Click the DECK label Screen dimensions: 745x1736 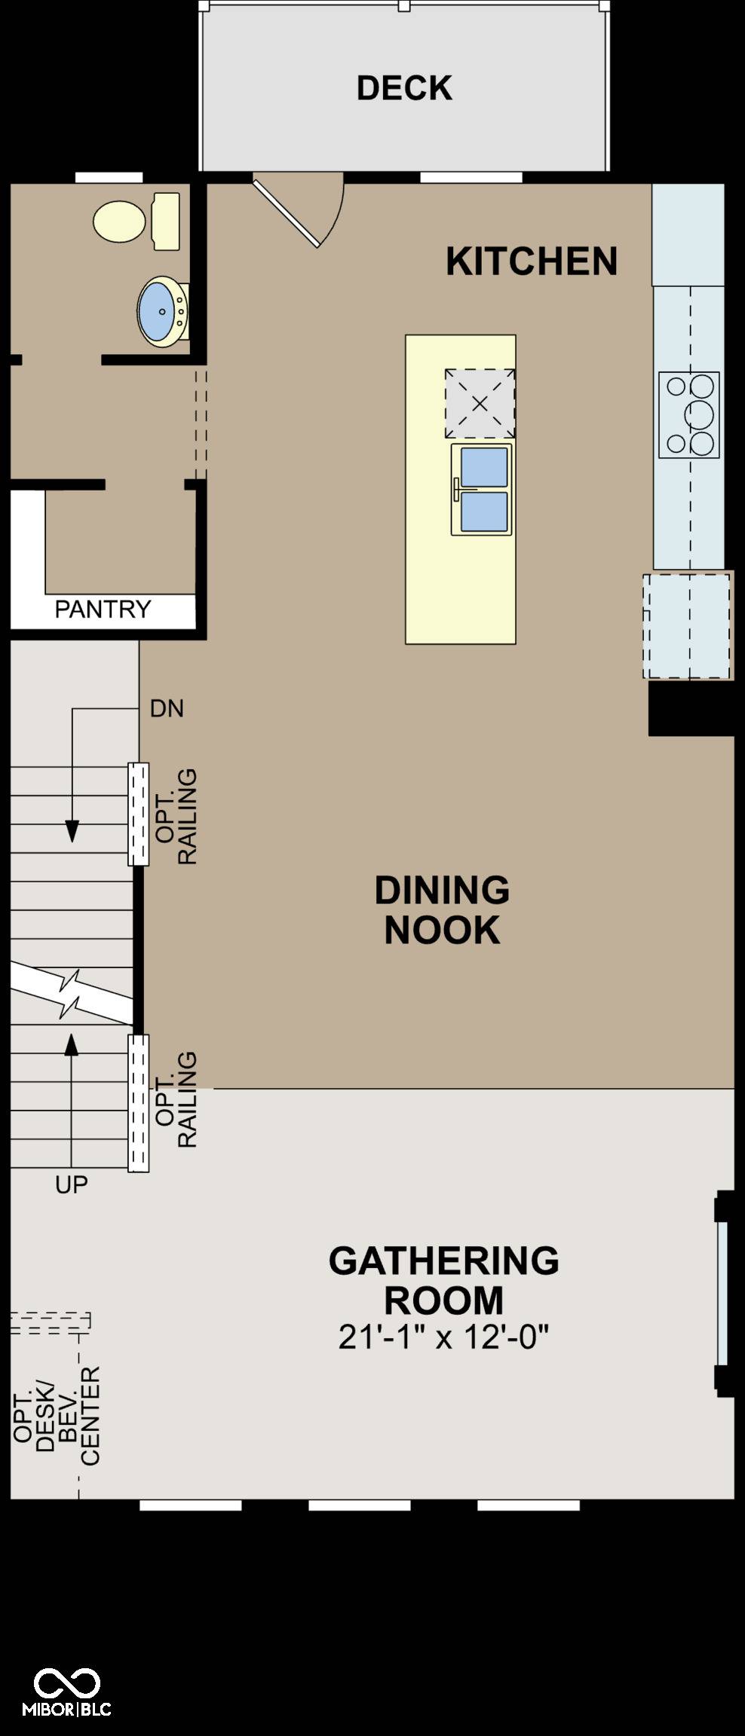click(404, 88)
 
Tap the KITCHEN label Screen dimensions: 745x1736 click(532, 261)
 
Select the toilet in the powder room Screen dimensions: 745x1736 click(136, 221)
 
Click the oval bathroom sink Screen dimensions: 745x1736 click(161, 312)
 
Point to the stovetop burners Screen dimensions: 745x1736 click(689, 415)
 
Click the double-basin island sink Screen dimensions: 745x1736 click(482, 490)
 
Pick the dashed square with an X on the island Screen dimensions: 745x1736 click(480, 403)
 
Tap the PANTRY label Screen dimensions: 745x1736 click(103, 609)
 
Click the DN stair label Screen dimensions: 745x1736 click(167, 708)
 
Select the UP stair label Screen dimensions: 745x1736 click(72, 1184)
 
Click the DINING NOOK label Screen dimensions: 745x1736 click(443, 909)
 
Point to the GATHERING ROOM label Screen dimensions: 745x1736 click(444, 1280)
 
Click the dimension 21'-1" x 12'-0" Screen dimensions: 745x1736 click(443, 1337)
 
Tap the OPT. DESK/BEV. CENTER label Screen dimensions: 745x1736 click(57, 1417)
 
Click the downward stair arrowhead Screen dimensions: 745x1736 click(72, 831)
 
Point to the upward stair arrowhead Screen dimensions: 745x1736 click(72, 1045)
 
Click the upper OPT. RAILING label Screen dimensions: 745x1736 click(176, 816)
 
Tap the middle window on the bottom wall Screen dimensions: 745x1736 click(360, 1505)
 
